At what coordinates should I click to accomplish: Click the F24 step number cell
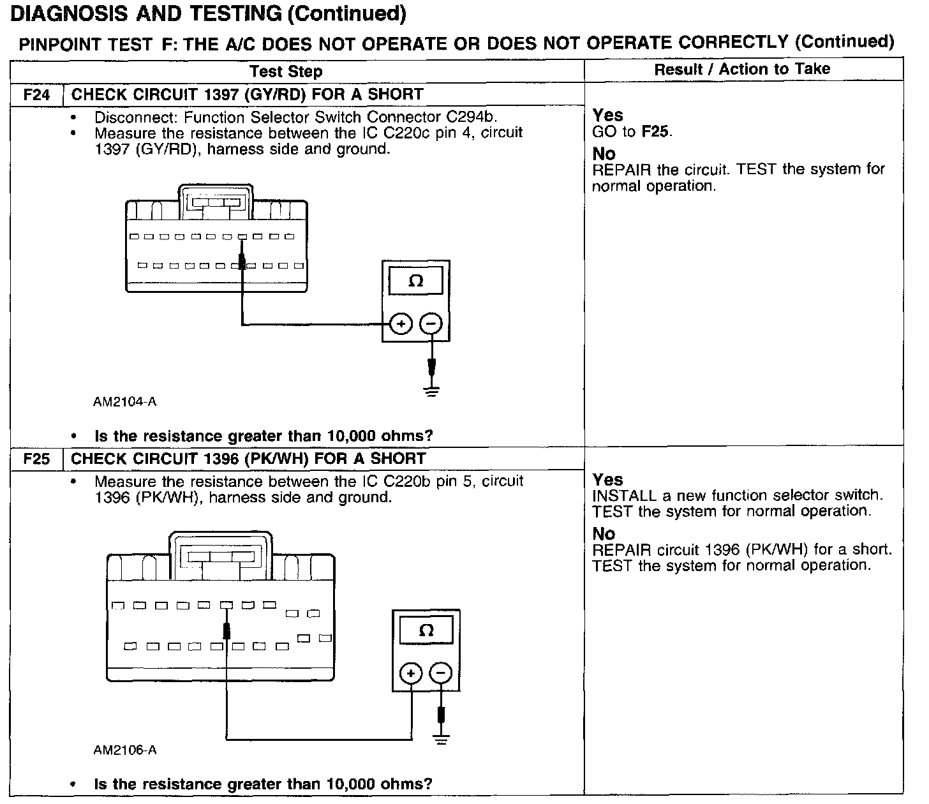[x=36, y=95]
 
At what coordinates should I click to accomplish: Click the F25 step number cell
[x=36, y=459]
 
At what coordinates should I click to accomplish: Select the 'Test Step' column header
[x=286, y=71]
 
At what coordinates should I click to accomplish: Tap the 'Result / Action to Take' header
[x=742, y=70]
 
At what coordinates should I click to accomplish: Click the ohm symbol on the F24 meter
[x=415, y=281]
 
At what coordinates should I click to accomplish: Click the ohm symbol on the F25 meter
[x=426, y=631]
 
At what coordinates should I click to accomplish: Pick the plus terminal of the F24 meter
[x=401, y=325]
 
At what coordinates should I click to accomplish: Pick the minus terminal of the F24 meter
[x=431, y=325]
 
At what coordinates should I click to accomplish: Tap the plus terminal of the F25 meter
[x=411, y=674]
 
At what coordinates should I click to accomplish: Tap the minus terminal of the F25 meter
[x=440, y=674]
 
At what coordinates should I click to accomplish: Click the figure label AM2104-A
[x=124, y=402]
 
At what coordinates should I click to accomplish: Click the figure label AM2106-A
[x=124, y=750]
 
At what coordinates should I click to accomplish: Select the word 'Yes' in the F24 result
[x=607, y=115]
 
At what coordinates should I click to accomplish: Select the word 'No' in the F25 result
[x=604, y=534]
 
